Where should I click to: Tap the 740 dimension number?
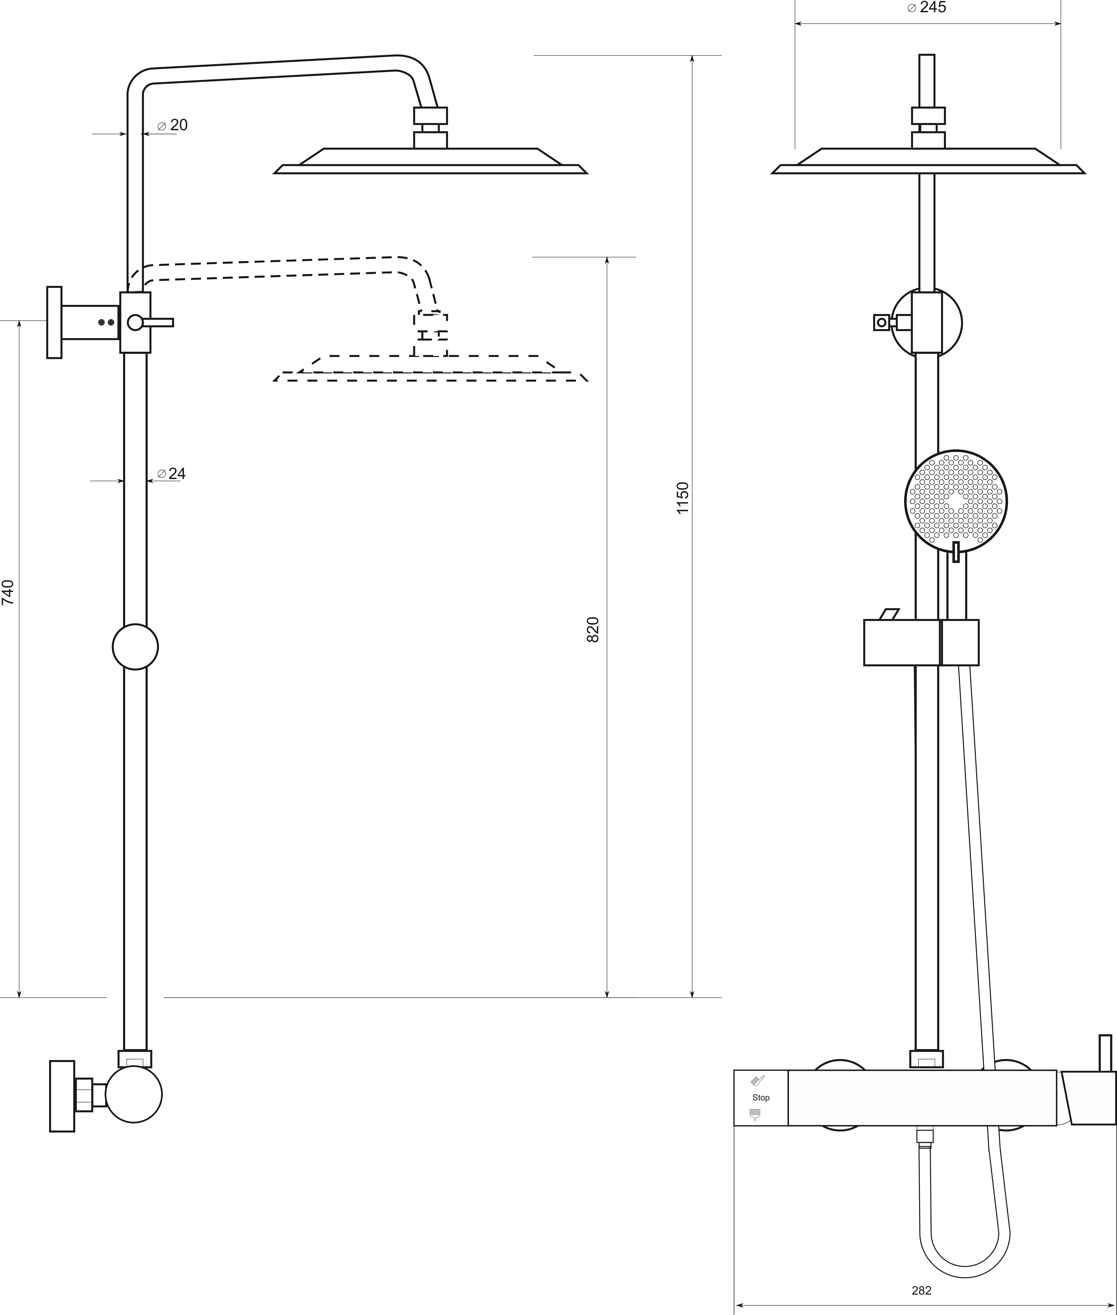coord(8,593)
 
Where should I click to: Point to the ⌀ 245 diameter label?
coord(926,8)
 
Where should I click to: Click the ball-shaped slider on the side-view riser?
coord(135,646)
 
